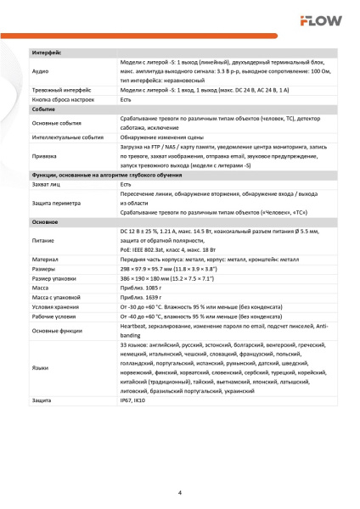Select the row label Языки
coord(40,368)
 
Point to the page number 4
coord(179,492)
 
